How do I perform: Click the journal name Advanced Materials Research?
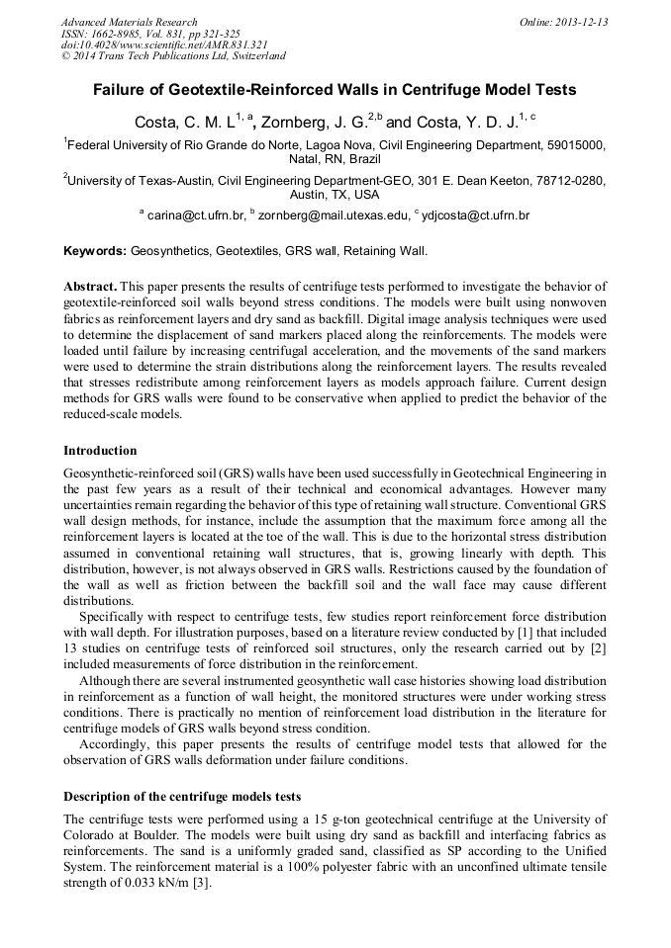tap(129, 22)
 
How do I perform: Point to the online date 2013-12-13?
tap(578, 22)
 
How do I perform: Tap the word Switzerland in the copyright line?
tap(253, 56)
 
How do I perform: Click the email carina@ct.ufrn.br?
tap(195, 215)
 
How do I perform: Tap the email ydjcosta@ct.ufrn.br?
tap(476, 215)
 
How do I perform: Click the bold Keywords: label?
tap(95, 251)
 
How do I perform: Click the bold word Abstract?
tap(91, 286)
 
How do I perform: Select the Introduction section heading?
tap(100, 451)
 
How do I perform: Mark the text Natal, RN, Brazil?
tap(335, 158)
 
